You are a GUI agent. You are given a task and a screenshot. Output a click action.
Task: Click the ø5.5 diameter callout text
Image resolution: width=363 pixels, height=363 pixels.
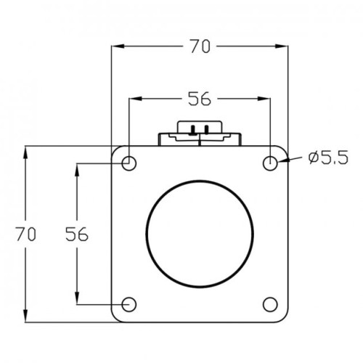[x=328, y=158]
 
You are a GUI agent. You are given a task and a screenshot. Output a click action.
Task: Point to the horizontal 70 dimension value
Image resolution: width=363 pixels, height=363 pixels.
[x=200, y=46]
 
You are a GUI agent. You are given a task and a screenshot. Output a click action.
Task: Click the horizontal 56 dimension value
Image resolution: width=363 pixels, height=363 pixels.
[x=200, y=99]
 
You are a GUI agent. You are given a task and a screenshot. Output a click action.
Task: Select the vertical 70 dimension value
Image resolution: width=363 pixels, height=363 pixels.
[x=26, y=234]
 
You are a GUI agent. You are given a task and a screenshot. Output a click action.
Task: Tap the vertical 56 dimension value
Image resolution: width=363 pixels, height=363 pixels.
[x=77, y=234]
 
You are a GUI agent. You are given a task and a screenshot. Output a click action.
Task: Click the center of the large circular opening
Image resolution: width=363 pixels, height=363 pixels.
[x=200, y=234]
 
